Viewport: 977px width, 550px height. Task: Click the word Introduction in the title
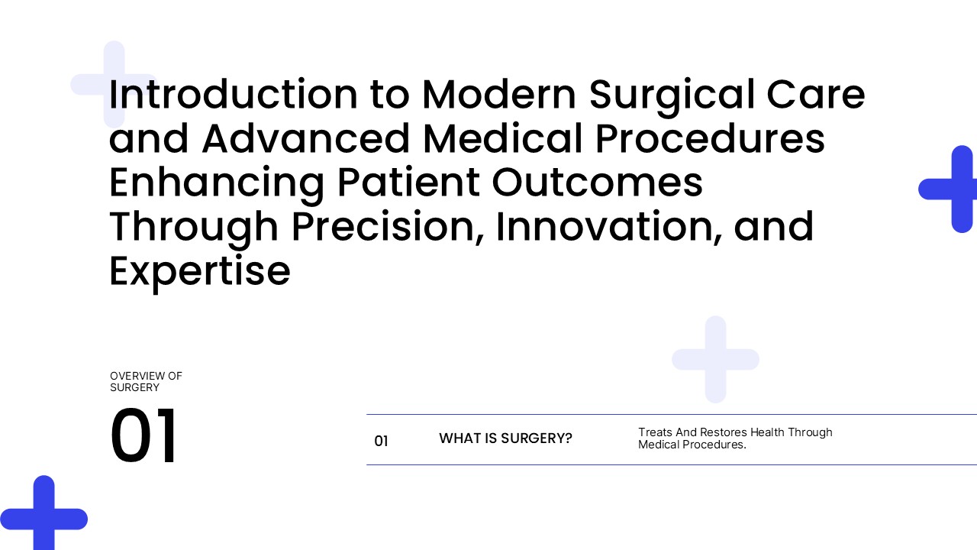[234, 94]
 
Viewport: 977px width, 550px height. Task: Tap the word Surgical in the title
[672, 97]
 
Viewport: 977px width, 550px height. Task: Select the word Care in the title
[816, 94]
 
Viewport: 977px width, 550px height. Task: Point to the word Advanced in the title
[305, 138]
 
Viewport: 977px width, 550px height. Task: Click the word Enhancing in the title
[217, 185]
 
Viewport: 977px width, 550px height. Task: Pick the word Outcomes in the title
[598, 183]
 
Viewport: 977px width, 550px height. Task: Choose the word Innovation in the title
[609, 227]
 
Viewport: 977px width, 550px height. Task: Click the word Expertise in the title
[200, 273]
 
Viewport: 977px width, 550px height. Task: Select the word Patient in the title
[408, 183]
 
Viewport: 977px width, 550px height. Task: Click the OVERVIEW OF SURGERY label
[146, 381]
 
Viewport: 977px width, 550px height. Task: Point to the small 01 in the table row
[381, 441]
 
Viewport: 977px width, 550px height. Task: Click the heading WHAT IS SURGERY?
[505, 438]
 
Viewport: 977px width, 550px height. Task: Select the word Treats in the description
[655, 432]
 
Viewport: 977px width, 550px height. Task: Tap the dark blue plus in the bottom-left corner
[44, 519]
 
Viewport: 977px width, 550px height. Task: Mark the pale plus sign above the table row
[715, 359]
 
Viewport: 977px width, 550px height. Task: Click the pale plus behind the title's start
[114, 84]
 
